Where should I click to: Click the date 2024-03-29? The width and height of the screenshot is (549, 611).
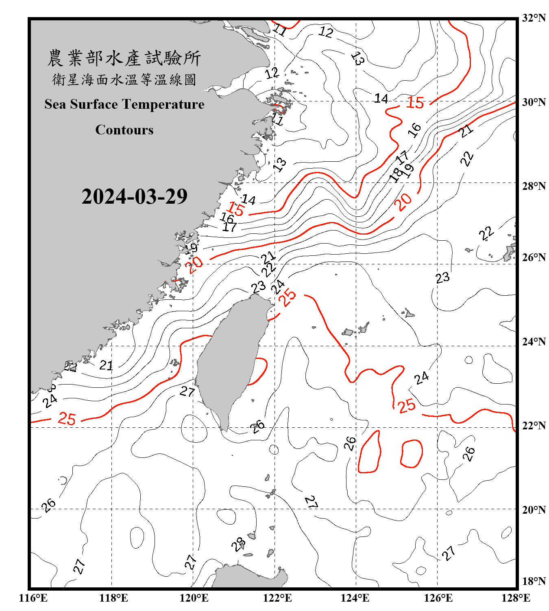(x=134, y=197)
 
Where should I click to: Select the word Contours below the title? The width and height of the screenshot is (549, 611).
(x=124, y=130)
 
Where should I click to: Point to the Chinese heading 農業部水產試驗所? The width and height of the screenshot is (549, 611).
(x=124, y=58)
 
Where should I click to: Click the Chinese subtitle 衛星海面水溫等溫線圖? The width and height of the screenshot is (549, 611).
(x=124, y=80)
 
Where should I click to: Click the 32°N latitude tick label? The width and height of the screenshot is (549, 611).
(x=534, y=18)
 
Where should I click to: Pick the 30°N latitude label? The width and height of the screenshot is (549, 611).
(x=534, y=102)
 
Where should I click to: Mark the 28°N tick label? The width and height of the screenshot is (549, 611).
(x=534, y=186)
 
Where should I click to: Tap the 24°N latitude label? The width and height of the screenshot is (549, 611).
(x=534, y=341)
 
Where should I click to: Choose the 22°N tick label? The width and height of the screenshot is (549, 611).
(x=534, y=425)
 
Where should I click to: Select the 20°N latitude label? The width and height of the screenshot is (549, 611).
(x=534, y=510)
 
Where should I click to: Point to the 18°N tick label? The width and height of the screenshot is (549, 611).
(x=534, y=581)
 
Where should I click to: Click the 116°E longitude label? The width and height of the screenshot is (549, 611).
(x=33, y=598)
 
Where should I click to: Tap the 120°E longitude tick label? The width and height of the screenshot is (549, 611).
(x=194, y=598)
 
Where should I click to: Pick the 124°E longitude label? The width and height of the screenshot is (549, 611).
(x=355, y=598)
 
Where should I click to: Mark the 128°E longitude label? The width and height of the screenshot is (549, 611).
(x=516, y=598)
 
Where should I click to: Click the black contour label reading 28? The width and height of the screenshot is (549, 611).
(x=238, y=544)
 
